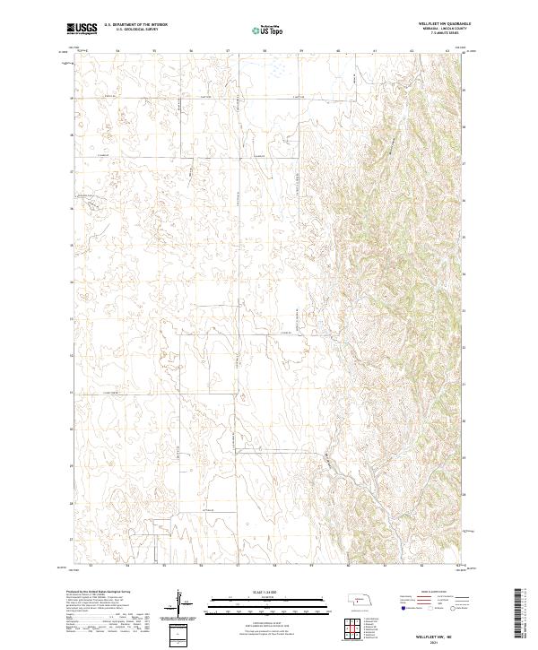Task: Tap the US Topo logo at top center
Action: click(267, 30)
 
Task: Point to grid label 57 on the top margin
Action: click(228, 51)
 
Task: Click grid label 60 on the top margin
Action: click(338, 51)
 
